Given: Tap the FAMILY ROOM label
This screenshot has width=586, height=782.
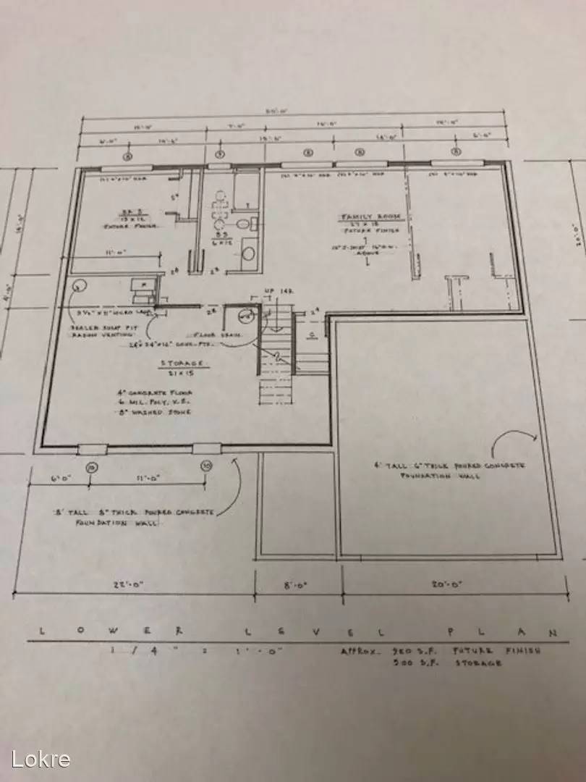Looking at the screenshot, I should click(366, 217).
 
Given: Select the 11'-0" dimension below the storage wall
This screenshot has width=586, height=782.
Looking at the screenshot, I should click(145, 479).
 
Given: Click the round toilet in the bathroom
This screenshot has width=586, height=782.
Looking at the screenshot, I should click(247, 254).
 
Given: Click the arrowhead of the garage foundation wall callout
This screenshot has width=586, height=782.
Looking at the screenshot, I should click(536, 437).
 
